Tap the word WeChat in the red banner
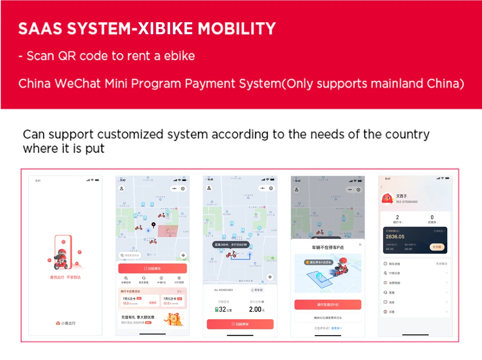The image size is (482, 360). coord(76,84)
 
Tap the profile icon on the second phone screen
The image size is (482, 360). coord(122,188)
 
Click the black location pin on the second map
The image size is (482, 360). coord(154,225)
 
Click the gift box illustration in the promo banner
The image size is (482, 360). coord(174,319)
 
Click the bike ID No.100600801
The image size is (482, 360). coord(223,290)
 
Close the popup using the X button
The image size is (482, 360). coord(360,244)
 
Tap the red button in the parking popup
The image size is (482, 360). coord(327,305)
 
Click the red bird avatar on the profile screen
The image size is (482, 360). coord(387,198)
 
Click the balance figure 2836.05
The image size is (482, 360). coord(395,237)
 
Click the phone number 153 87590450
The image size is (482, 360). coord(406,202)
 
